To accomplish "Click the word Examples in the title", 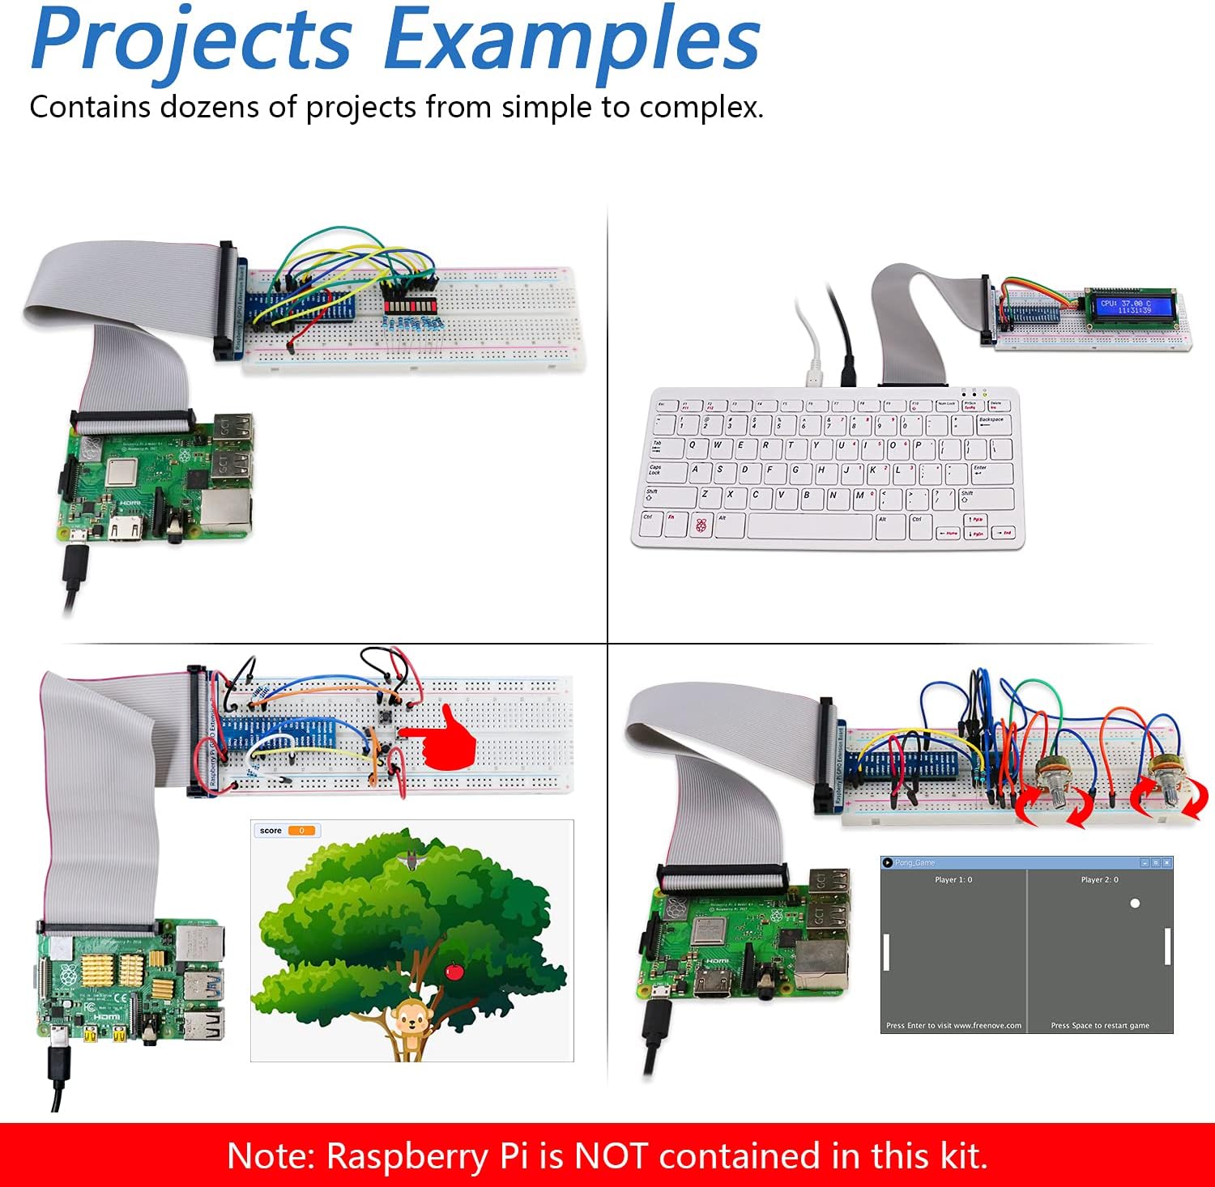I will [x=571, y=40].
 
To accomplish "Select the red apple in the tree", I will [x=454, y=969].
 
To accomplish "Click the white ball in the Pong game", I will [x=1135, y=903].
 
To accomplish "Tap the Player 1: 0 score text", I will [x=953, y=879].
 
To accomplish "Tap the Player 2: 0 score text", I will [x=1099, y=879].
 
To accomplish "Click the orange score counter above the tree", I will [x=301, y=831].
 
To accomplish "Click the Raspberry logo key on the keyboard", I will [x=701, y=525].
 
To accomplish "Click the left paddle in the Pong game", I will [x=886, y=952].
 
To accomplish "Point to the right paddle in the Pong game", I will [x=1167, y=946].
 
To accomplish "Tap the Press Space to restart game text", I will [x=1100, y=1026].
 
